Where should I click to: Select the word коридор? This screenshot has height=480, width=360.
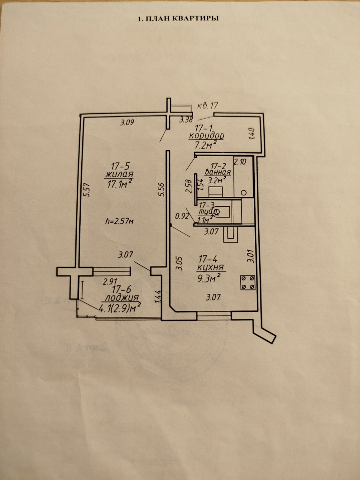[206, 136]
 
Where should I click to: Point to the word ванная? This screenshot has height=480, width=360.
[218, 172]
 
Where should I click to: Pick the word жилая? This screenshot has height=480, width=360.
[119, 175]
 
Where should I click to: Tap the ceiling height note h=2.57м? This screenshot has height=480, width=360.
[119, 221]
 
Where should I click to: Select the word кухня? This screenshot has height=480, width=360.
[210, 268]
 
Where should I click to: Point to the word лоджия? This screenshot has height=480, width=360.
[122, 298]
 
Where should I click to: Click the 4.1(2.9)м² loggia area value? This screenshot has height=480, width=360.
[120, 308]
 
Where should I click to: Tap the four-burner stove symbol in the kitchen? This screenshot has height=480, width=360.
[248, 283]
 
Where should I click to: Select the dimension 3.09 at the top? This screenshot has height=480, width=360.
[127, 122]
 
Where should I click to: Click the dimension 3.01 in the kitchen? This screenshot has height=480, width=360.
[251, 256]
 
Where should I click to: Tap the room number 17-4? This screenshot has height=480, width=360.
[208, 258]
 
